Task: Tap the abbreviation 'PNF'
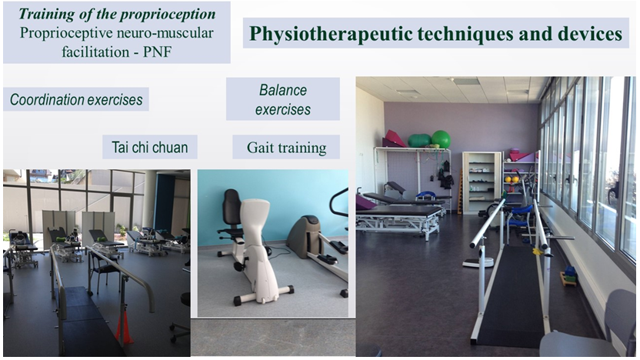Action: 157,52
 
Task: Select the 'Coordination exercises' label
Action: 76,99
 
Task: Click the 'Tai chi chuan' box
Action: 150,147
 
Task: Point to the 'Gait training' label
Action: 286,147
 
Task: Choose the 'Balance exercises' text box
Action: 283,99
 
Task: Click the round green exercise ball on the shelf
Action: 441,138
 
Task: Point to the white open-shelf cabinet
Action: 482,182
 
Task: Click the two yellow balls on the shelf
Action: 512,179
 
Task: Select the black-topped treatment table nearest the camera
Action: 398,218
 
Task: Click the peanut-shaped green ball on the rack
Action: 419,141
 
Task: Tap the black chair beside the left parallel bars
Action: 102,272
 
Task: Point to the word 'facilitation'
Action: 96,52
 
